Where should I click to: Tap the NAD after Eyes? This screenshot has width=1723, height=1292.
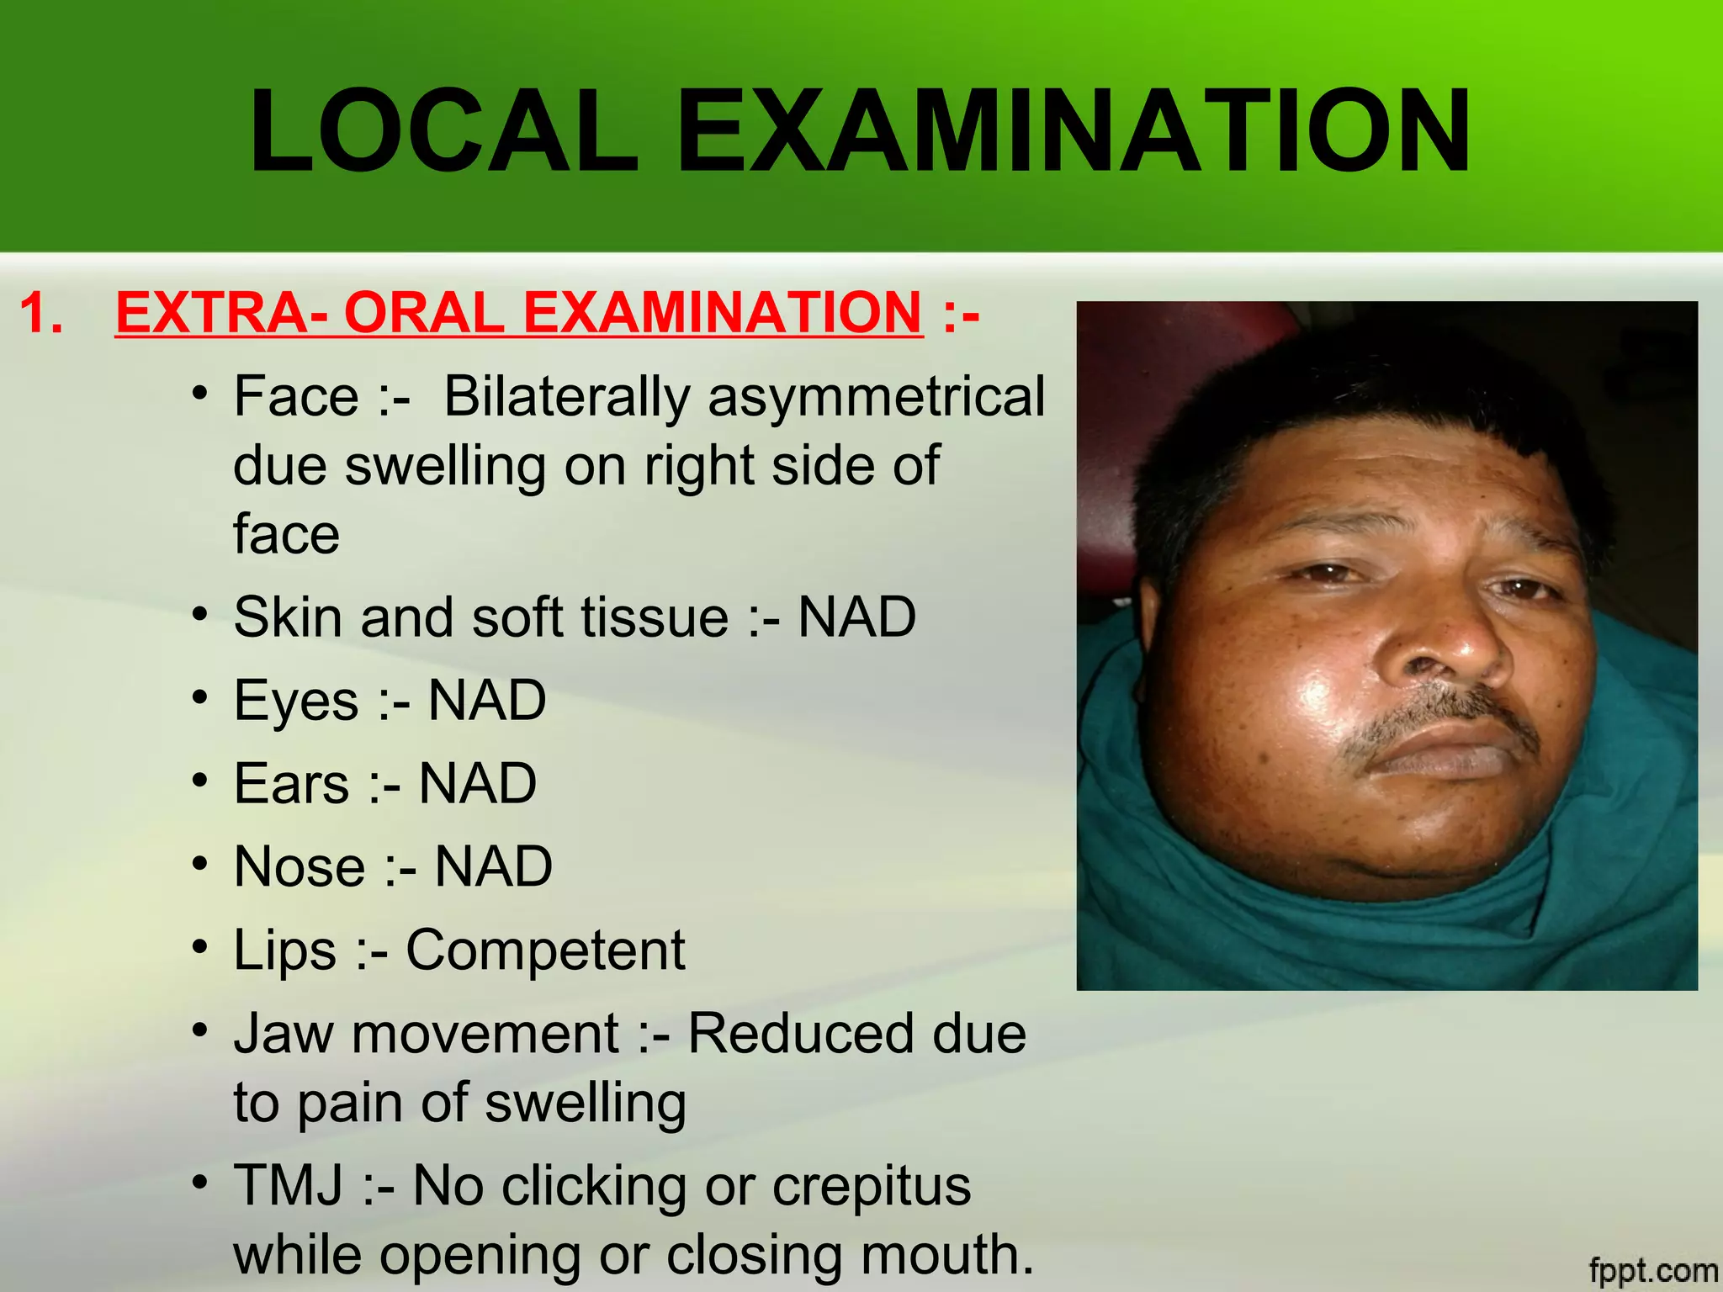click(x=487, y=700)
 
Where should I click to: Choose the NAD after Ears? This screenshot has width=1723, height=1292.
click(x=477, y=783)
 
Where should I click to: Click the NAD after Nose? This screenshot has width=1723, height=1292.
click(x=493, y=866)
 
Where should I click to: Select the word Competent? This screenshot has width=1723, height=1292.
click(x=545, y=950)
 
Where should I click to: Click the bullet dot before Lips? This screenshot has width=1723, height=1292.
click(x=199, y=947)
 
